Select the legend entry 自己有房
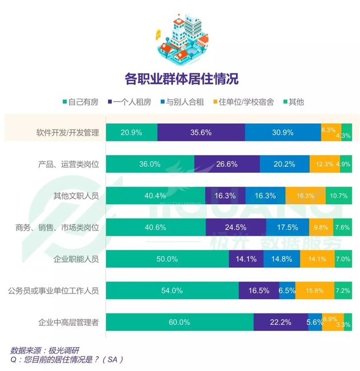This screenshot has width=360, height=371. [83, 102]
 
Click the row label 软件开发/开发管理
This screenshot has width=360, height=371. [68, 132]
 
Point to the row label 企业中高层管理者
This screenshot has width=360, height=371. [67, 322]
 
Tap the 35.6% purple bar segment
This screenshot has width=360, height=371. [201, 132]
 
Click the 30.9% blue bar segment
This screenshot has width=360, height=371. [282, 132]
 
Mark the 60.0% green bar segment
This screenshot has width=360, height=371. [179, 322]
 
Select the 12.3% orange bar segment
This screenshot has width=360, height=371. [324, 164]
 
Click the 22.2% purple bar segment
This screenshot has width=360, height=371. [281, 322]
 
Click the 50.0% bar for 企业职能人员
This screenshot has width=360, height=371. [167, 259]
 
